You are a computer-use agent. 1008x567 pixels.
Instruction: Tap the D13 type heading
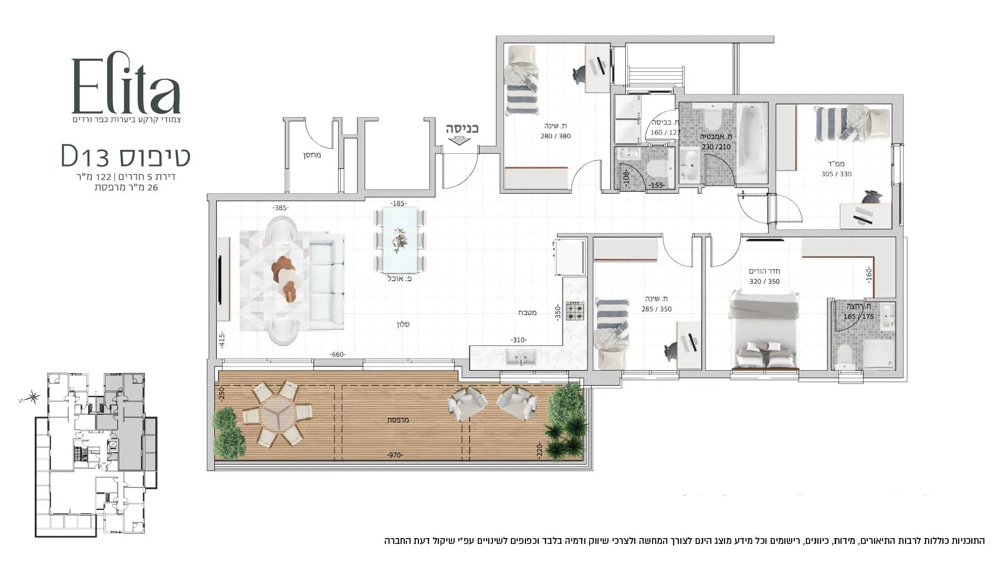point(126,156)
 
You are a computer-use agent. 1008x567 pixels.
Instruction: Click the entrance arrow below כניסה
point(460,140)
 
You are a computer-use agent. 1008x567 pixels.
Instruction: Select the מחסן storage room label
point(311,155)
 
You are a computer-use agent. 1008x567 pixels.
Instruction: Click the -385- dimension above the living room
point(280,208)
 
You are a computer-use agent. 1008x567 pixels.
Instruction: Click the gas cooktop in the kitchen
point(575,311)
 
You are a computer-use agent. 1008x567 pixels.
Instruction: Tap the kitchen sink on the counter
point(520,358)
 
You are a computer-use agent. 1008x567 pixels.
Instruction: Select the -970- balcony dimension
point(394,455)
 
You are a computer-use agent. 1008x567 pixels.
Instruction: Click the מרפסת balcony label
point(397,420)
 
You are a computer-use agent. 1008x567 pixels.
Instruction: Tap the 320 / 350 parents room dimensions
point(764,281)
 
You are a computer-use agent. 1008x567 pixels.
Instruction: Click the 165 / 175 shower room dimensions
point(858,317)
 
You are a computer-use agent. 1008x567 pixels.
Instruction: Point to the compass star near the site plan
point(34,397)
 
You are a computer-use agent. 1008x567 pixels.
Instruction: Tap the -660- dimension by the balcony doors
point(337,355)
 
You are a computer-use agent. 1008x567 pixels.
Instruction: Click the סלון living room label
point(403,324)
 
